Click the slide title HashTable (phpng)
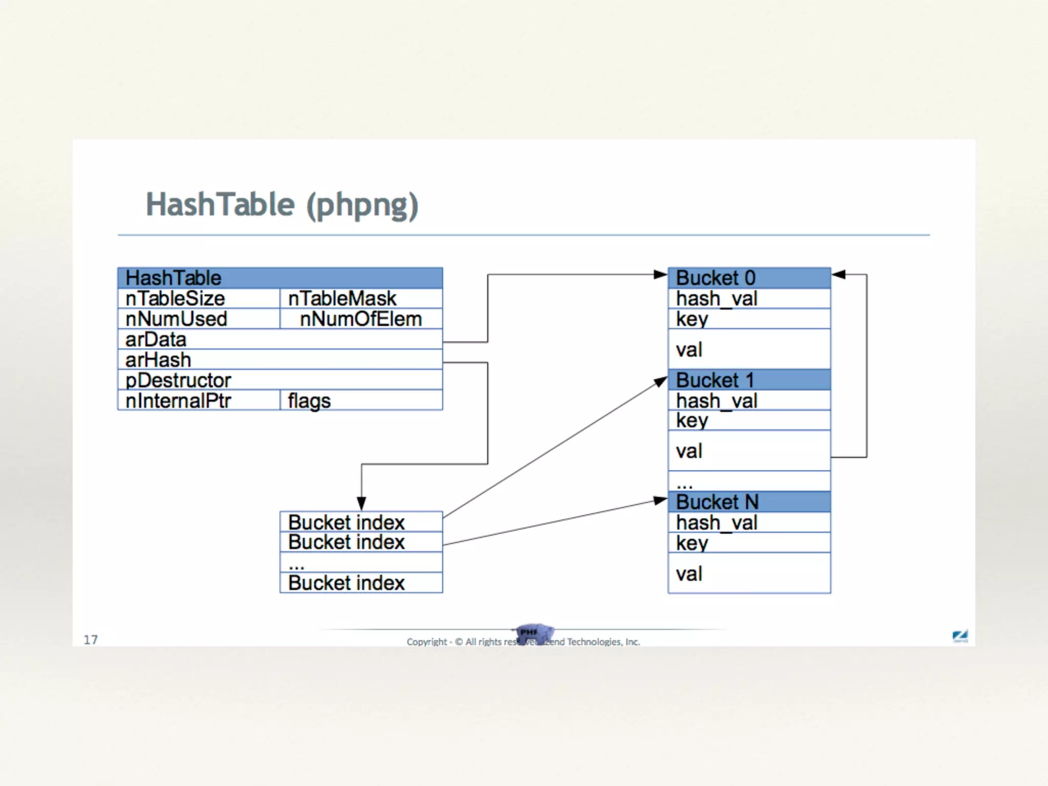tap(282, 205)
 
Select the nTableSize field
tap(199, 298)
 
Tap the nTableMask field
tap(361, 298)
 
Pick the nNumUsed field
tap(199, 319)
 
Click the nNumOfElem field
tap(361, 319)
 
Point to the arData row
tap(280, 339)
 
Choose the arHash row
tap(280, 360)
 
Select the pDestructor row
tap(280, 380)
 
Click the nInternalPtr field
tap(199, 401)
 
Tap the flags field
tap(361, 401)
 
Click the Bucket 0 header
tap(749, 278)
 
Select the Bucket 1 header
tap(749, 380)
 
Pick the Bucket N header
tap(749, 502)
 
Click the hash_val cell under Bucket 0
tap(749, 298)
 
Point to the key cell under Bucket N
tap(749, 543)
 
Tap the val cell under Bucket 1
tap(749, 451)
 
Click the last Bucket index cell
tap(361, 583)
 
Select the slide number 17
tap(91, 640)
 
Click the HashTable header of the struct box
tap(280, 278)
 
